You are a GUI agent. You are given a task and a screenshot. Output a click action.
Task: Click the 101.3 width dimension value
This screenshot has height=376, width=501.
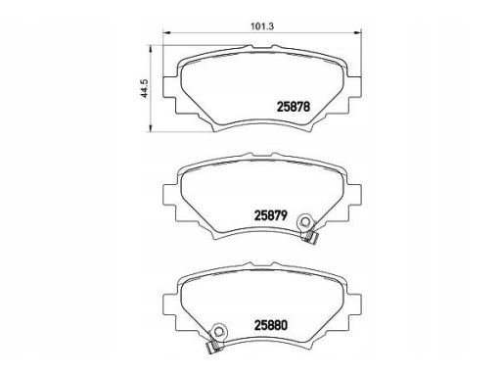pyautogui.click(x=262, y=26)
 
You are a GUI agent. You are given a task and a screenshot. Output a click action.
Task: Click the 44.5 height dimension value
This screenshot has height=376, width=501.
pyautogui.click(x=145, y=88)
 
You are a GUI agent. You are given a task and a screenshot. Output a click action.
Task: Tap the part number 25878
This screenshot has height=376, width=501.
pyautogui.click(x=294, y=107)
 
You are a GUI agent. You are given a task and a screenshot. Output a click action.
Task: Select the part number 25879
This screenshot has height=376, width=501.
pyautogui.click(x=271, y=215)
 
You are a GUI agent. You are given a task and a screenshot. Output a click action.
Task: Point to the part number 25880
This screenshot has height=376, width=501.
pyautogui.click(x=271, y=325)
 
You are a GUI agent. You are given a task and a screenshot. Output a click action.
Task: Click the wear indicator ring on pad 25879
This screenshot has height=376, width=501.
pyautogui.click(x=305, y=221)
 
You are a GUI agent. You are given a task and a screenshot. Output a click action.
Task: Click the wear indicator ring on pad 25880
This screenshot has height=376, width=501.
pyautogui.click(x=218, y=331)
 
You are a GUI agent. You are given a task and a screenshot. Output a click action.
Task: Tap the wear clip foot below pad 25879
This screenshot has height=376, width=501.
pyautogui.click(x=311, y=238)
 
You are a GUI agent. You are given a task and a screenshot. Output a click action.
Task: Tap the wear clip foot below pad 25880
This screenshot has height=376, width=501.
pyautogui.click(x=212, y=348)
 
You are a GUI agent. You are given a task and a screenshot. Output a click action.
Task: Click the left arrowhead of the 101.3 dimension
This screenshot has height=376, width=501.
pyautogui.click(x=166, y=32)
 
